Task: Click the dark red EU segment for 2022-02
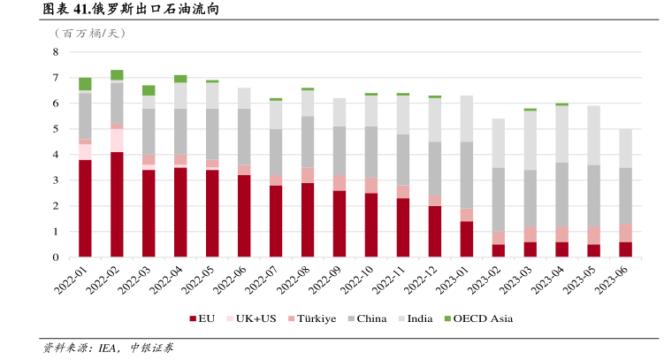pyautogui.click(x=117, y=204)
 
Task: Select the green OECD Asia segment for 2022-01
pyautogui.click(x=85, y=84)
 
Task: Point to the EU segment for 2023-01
pyautogui.click(x=467, y=239)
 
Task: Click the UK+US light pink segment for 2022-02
pyautogui.click(x=117, y=141)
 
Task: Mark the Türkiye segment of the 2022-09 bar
pyautogui.click(x=340, y=182)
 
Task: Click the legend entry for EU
pyautogui.click(x=201, y=318)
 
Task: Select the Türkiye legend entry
pyautogui.click(x=311, y=318)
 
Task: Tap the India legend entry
pyautogui.click(x=415, y=318)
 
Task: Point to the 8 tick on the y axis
pyautogui.click(x=55, y=52)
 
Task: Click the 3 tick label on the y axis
pyautogui.click(x=55, y=180)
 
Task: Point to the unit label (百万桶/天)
pyautogui.click(x=90, y=33)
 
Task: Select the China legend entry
pyautogui.click(x=364, y=318)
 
